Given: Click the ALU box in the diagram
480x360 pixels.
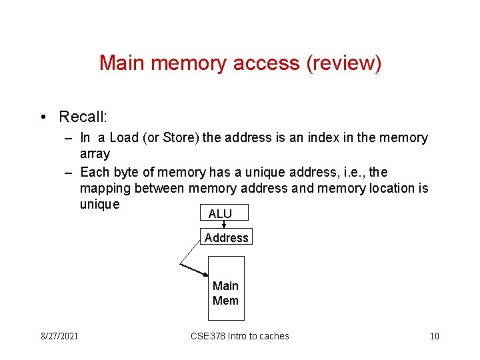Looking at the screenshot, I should [x=223, y=213].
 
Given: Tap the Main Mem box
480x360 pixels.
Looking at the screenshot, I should [x=225, y=293].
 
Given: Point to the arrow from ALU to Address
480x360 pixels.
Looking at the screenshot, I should [x=224, y=225].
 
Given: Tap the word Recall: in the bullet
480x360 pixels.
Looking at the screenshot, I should [x=83, y=117].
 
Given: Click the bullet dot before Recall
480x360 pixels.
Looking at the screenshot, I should [x=42, y=117].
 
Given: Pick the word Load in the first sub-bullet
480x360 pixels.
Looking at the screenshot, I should [x=124, y=138].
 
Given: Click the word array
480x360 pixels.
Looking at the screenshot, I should [x=95, y=154].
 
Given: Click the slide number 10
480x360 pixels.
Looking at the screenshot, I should [x=435, y=336].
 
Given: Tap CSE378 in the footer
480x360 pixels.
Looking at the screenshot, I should [x=208, y=336].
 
